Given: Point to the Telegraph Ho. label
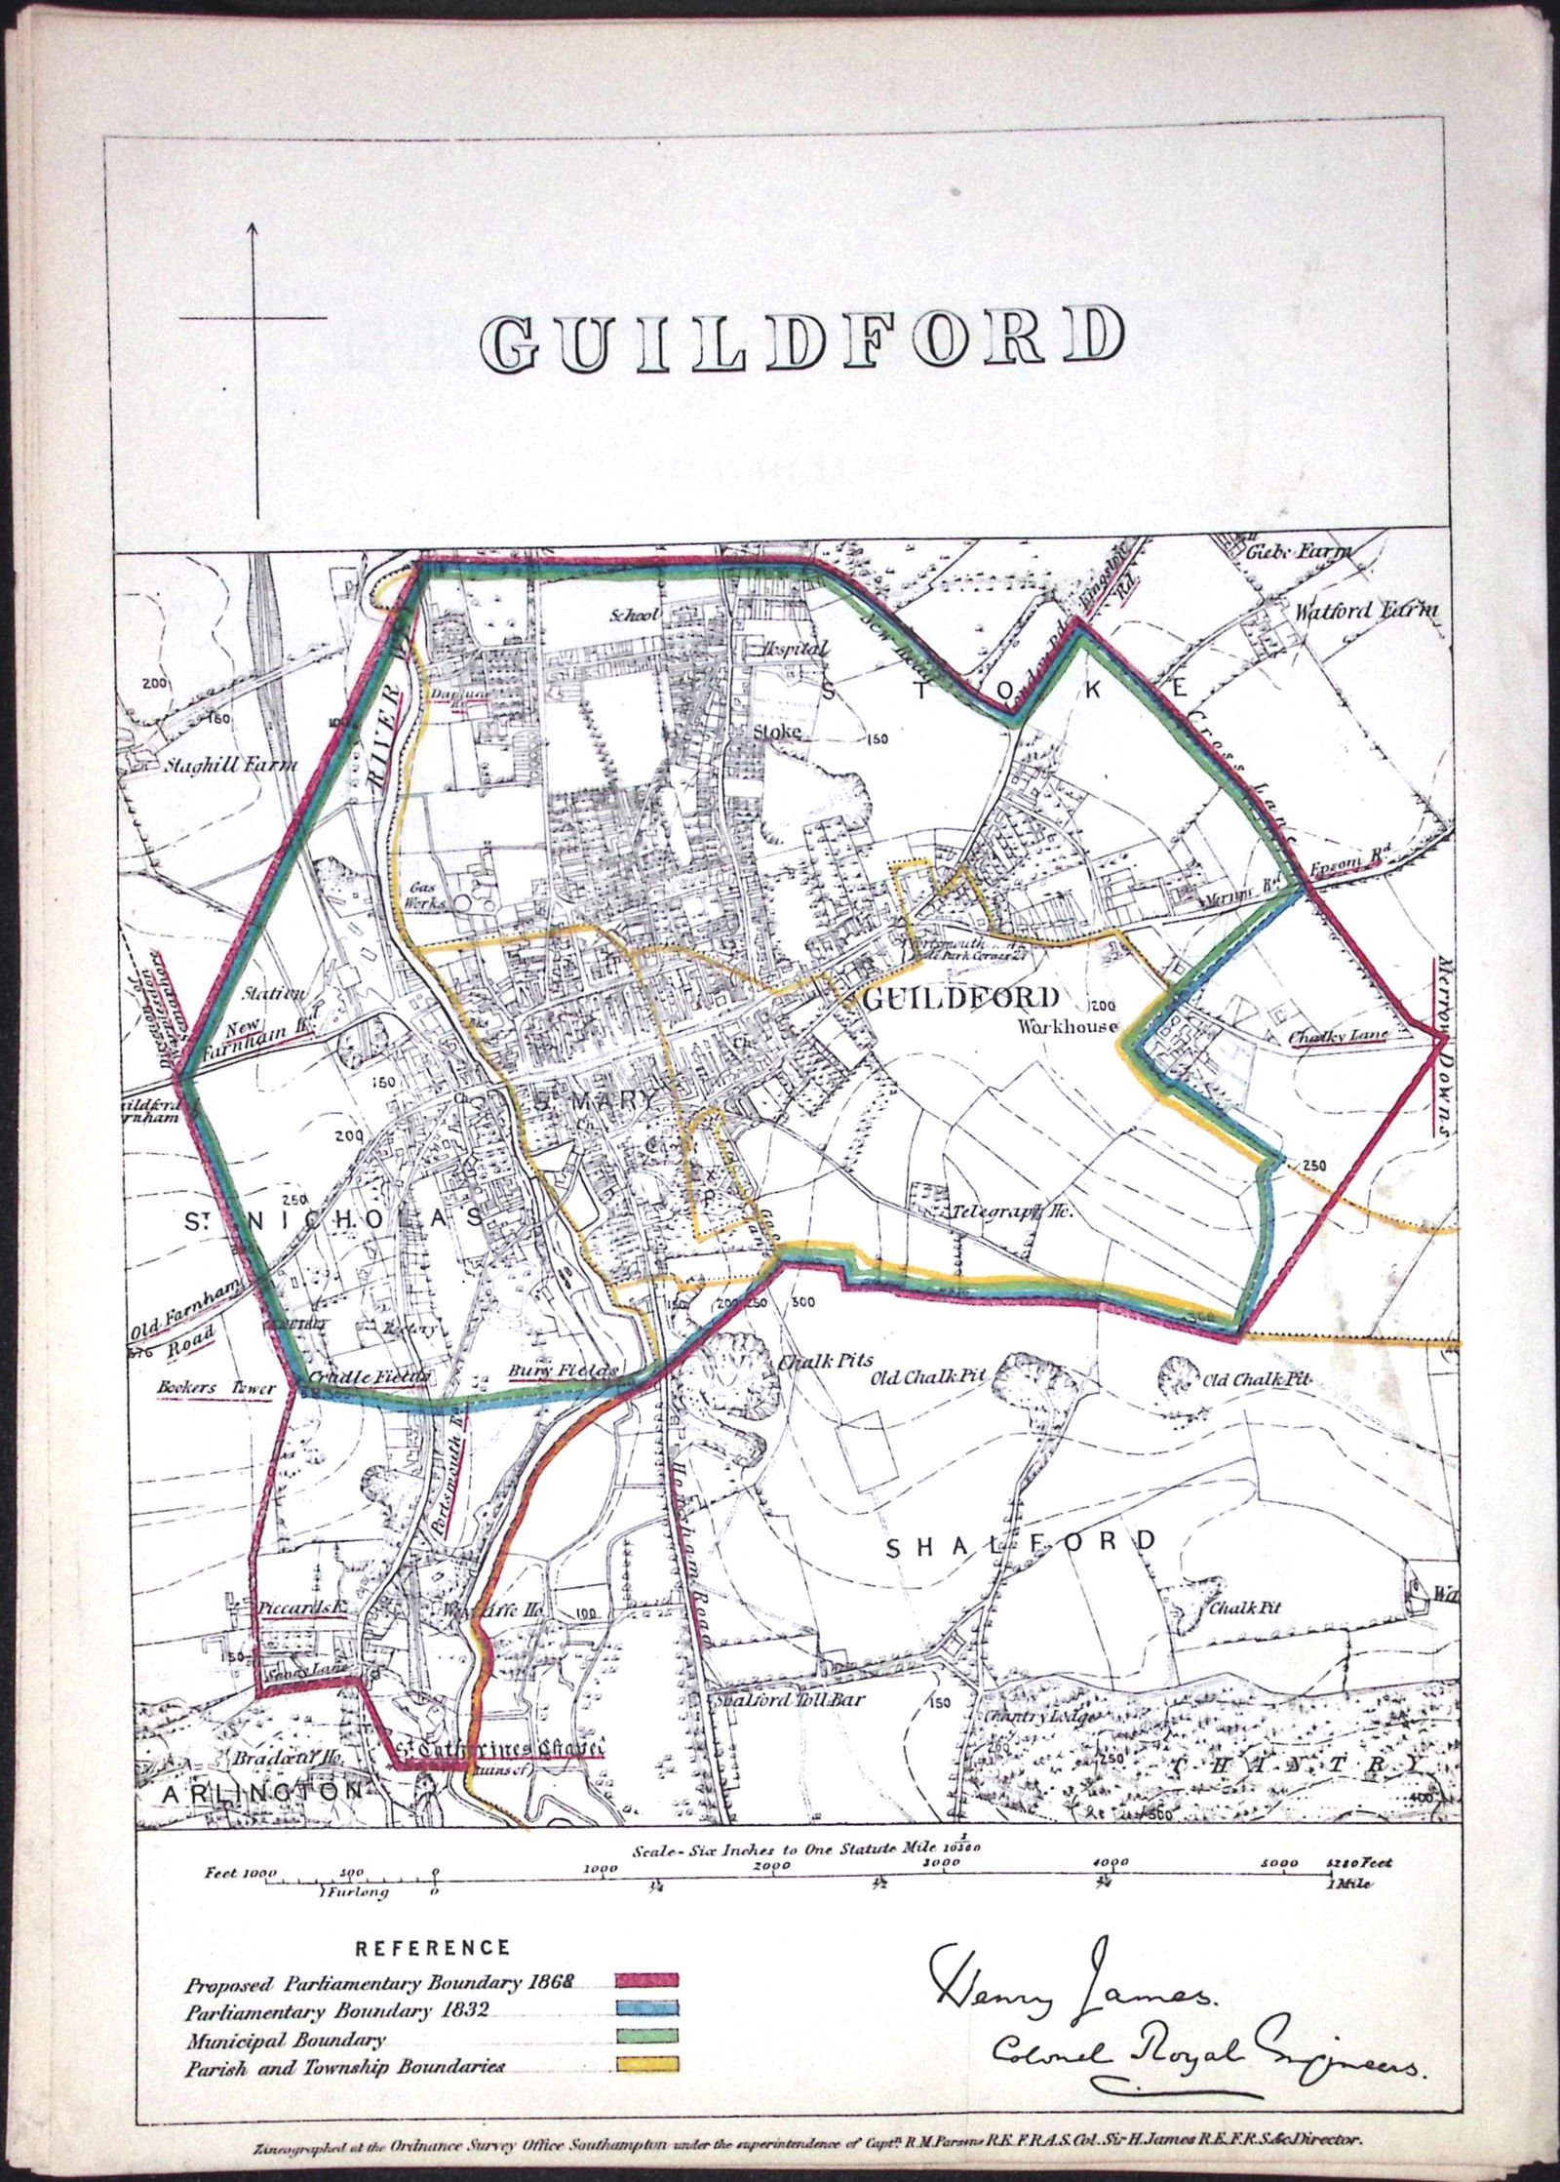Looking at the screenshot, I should point(1011,1213).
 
